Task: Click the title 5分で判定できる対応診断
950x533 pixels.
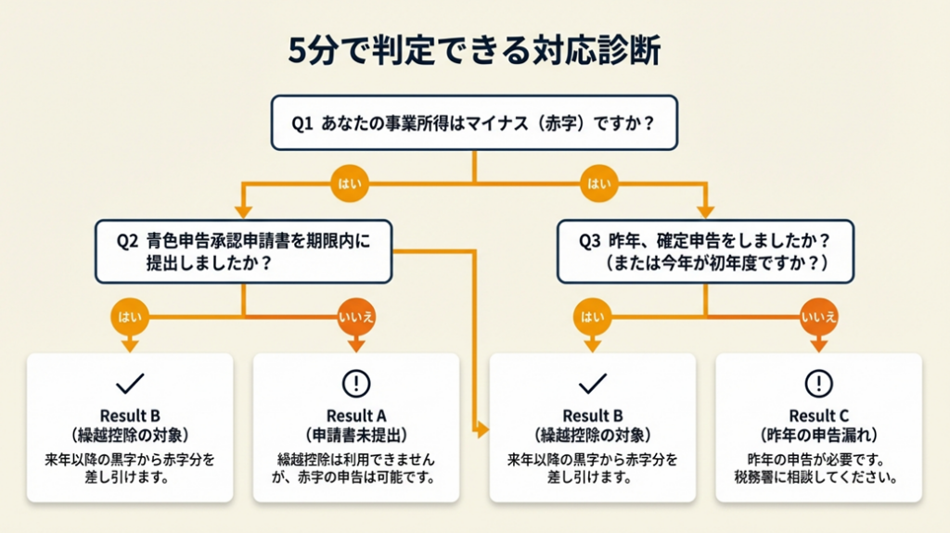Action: pyautogui.click(x=474, y=51)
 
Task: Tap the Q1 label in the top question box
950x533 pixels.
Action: pyautogui.click(x=302, y=121)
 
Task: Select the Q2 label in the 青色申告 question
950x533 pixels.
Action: pyautogui.click(x=127, y=241)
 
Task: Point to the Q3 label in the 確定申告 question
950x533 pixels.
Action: pyautogui.click(x=590, y=241)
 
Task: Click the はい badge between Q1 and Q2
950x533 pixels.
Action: pyautogui.click(x=345, y=183)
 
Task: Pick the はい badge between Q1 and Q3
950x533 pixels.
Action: pyautogui.click(x=598, y=183)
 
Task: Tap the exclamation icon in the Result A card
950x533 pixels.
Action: pyautogui.click(x=356, y=383)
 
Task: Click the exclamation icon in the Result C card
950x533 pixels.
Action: pyautogui.click(x=818, y=383)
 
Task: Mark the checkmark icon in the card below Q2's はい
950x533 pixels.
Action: pyautogui.click(x=129, y=382)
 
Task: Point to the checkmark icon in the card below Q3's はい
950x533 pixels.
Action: pyautogui.click(x=592, y=382)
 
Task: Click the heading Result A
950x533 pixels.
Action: pyautogui.click(x=356, y=416)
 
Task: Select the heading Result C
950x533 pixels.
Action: pyautogui.click(x=818, y=416)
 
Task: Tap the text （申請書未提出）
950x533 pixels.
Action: pyautogui.click(x=356, y=435)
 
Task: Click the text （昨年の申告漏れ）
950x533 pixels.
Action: pyautogui.click(x=818, y=435)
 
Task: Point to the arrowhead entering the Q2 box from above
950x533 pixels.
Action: pyautogui.click(x=243, y=212)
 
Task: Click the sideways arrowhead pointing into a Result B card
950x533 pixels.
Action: pyautogui.click(x=481, y=429)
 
